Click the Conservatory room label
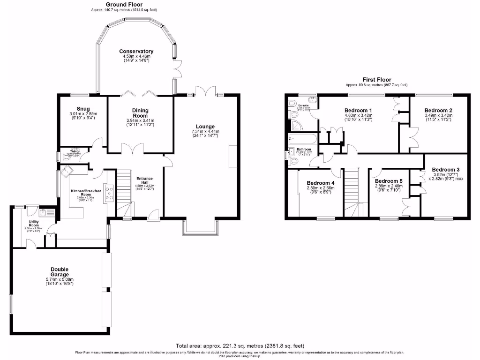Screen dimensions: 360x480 coord(136,52)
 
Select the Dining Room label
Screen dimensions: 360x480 coord(140,113)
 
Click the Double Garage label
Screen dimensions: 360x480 coord(60,272)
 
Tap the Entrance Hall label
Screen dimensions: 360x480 coord(144,180)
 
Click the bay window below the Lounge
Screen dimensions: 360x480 coord(201,227)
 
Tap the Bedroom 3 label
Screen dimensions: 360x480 coord(446,170)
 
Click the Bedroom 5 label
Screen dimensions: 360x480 coord(389,181)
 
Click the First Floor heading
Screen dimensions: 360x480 coord(377,80)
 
